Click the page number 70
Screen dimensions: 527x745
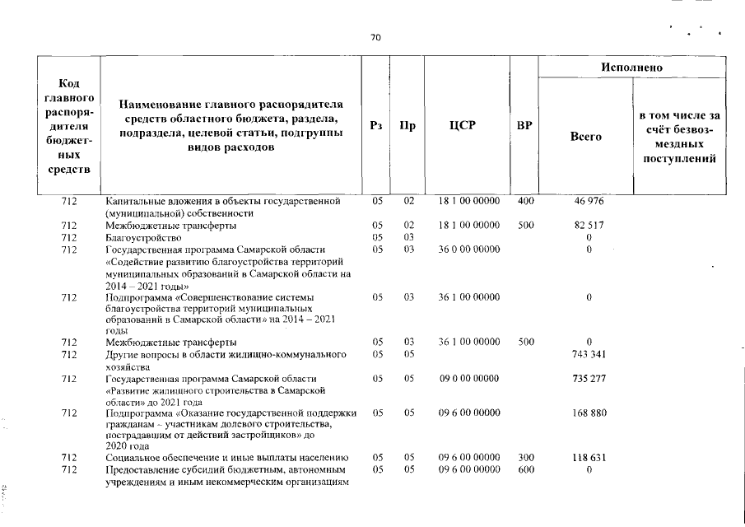click(x=375, y=38)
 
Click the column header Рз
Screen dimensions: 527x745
click(x=377, y=126)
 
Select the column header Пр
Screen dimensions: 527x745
click(x=407, y=126)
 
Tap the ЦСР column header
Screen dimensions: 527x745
click(x=467, y=126)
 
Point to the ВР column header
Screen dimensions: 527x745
click(x=524, y=126)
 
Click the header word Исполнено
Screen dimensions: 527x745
click(x=632, y=67)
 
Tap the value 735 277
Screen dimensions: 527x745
click(x=589, y=379)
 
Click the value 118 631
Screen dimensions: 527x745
click(x=589, y=458)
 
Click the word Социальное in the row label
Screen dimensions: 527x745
click(x=132, y=458)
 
